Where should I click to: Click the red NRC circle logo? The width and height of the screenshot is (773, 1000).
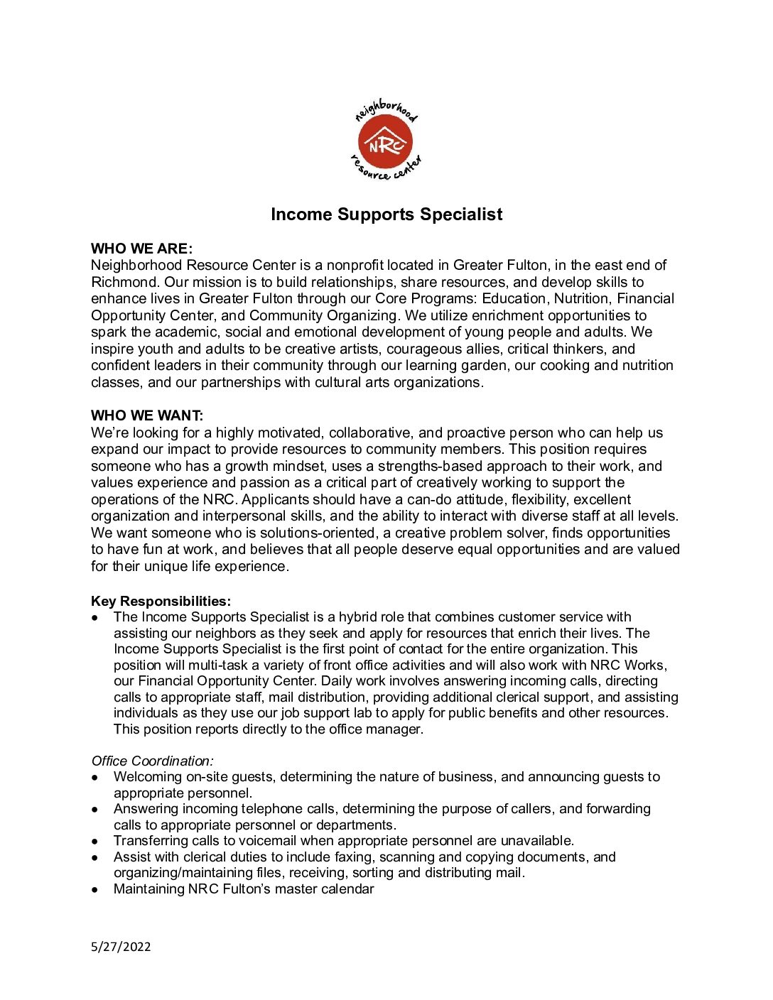pyautogui.click(x=385, y=143)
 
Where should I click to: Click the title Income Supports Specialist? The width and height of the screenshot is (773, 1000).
pyautogui.click(x=386, y=214)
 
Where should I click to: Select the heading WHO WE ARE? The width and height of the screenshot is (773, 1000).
pyautogui.click(x=141, y=249)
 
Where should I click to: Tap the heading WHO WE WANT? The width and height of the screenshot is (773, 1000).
pyautogui.click(x=147, y=415)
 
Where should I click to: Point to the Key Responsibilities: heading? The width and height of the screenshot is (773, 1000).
pyautogui.click(x=161, y=601)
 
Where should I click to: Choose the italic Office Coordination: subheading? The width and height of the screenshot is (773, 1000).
pyautogui.click(x=152, y=761)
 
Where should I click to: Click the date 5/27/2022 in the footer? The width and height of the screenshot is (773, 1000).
pyautogui.click(x=121, y=946)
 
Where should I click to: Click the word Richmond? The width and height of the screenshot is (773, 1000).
pyautogui.click(x=125, y=282)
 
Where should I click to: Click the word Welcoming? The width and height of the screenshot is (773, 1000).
pyautogui.click(x=148, y=777)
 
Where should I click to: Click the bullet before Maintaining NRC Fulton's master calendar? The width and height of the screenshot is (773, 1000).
pyautogui.click(x=94, y=890)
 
